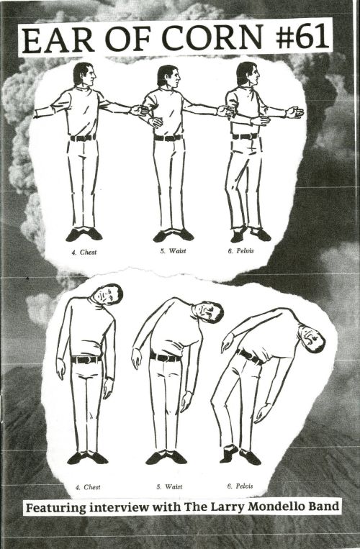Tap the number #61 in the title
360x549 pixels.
click(302, 37)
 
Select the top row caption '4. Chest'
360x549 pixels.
click(84, 252)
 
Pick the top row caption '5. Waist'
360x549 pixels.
click(173, 251)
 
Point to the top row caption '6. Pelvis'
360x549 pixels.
click(240, 250)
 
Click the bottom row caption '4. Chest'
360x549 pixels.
click(88, 487)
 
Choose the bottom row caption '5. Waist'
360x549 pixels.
click(169, 486)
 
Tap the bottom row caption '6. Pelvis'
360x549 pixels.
click(240, 486)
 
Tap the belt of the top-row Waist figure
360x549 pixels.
click(168, 138)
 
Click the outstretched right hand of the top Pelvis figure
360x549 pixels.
click(294, 112)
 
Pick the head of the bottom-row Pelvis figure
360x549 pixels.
click(312, 339)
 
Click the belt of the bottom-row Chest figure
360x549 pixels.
click(86, 360)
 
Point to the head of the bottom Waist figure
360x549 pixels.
click(208, 312)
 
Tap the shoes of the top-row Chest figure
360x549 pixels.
click(84, 234)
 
